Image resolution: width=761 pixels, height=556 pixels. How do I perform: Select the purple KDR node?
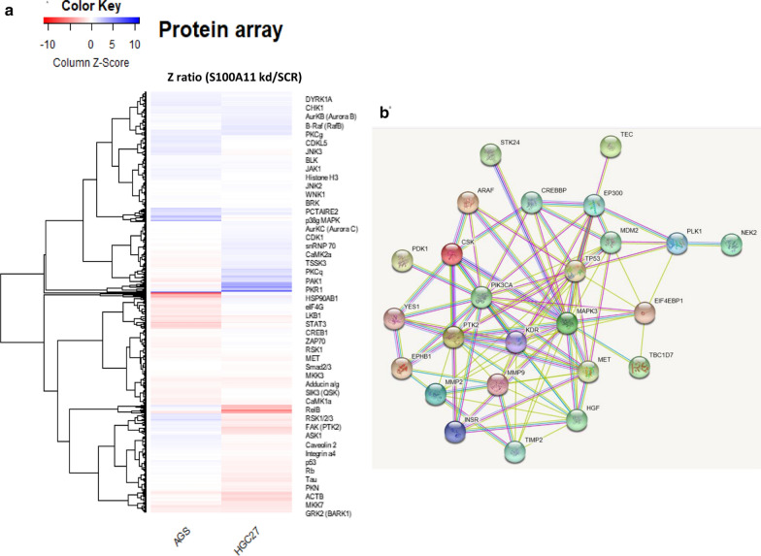coord(516,342)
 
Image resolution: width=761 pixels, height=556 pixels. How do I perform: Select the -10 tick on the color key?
coord(46,45)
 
